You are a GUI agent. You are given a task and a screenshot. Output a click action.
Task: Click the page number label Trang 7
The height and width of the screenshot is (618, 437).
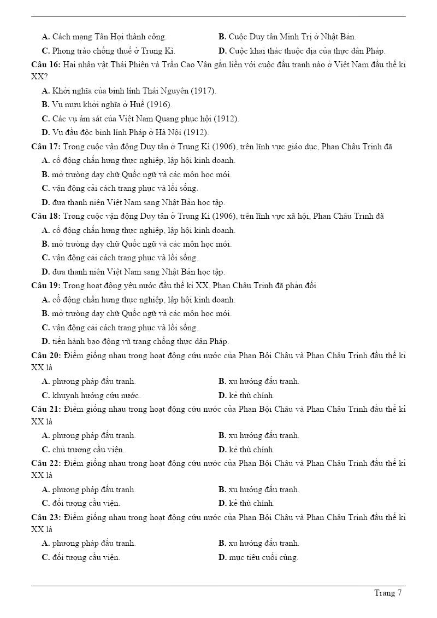388,593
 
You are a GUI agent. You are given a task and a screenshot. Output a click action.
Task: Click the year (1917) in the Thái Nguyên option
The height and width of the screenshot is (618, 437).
204,91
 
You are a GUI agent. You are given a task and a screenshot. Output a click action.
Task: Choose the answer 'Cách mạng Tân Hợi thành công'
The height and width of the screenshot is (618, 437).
109,37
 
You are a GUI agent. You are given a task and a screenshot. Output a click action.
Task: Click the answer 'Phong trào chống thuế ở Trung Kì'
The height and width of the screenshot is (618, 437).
113,51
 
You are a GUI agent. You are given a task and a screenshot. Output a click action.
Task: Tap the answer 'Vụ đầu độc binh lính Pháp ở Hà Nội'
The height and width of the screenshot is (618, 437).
130,132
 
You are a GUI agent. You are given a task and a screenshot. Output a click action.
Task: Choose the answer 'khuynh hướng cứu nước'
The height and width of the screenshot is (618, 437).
96,395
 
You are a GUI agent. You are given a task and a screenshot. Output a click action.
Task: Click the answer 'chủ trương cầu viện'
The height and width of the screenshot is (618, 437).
88,450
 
